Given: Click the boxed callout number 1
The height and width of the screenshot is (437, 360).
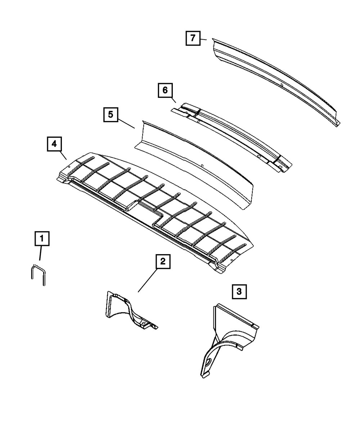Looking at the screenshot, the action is point(42,239).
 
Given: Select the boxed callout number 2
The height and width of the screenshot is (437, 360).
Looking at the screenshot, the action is point(163,262).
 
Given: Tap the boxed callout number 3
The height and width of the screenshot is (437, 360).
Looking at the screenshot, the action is point(239,292).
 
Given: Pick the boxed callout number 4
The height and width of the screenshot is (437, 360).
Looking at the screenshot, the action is point(54,144).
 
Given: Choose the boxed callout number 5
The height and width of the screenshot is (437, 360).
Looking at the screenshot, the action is point(111,115).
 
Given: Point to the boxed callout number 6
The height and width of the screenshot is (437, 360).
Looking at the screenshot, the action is point(165,90).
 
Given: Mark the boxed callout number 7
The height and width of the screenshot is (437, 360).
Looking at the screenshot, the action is point(193,38).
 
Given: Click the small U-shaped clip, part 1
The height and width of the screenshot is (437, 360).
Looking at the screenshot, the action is point(37,274).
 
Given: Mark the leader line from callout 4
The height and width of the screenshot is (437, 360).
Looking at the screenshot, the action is point(63,155).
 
